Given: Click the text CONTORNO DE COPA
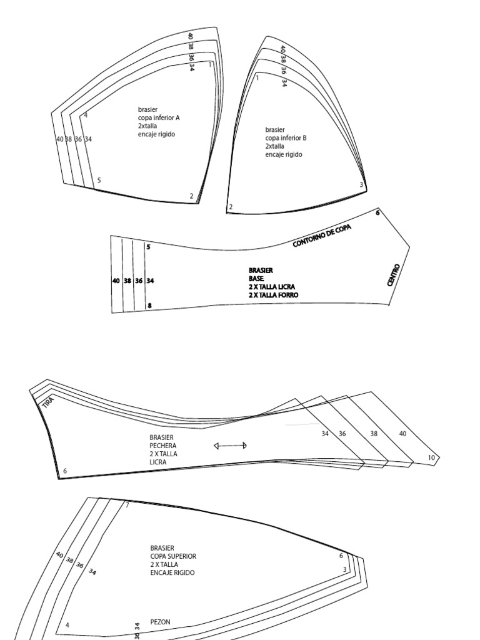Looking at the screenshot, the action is (322, 236).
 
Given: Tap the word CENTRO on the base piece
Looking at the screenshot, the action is (393, 275).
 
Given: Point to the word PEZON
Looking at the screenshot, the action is (161, 622).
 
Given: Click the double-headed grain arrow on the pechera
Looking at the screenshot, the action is (230, 446).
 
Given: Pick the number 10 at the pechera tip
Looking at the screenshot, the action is (431, 458).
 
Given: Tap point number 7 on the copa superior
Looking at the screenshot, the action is (127, 505).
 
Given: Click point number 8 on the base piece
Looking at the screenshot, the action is (149, 306).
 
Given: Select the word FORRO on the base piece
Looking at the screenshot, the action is (284, 294).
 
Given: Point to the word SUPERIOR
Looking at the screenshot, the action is (182, 556).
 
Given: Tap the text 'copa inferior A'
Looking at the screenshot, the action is (159, 117).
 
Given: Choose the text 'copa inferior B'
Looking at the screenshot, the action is (286, 138).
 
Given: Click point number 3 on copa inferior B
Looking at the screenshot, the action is (361, 184).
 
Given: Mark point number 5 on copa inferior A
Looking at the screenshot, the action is (99, 181).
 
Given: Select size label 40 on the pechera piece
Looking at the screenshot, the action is (402, 433).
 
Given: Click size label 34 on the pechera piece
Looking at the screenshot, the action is (325, 433).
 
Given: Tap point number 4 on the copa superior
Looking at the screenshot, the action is (67, 625).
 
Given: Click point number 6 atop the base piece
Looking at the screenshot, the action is (377, 212).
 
